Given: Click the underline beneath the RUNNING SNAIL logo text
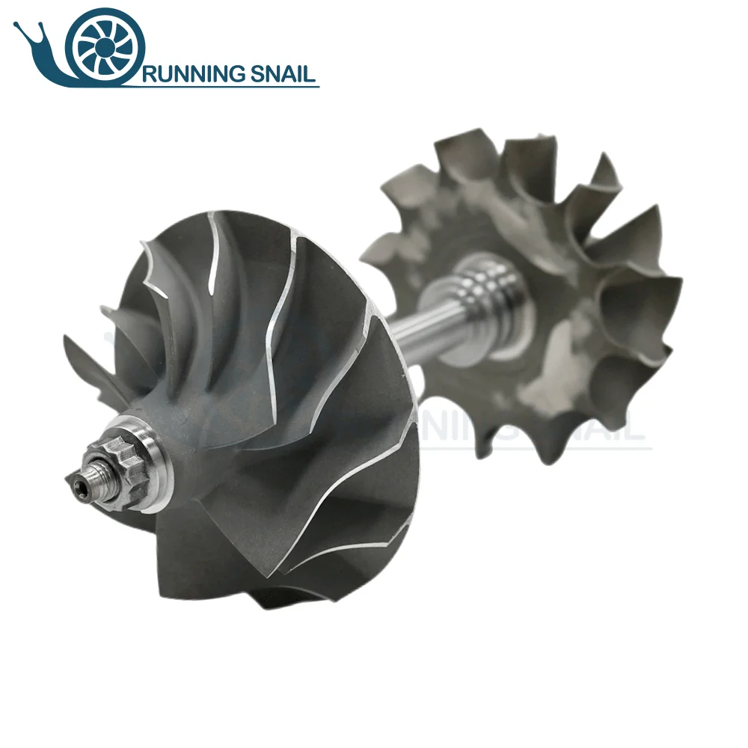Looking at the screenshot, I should (224, 86).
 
